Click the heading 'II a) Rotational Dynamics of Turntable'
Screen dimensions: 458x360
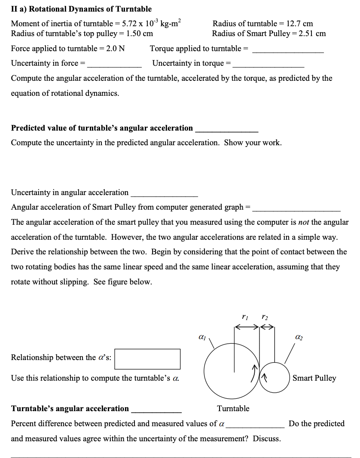(81, 9)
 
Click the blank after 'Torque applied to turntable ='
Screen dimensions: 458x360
(288, 49)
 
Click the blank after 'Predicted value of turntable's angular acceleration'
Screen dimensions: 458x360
(226, 128)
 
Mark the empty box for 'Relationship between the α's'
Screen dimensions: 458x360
(147, 359)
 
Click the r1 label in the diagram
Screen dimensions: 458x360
(245, 318)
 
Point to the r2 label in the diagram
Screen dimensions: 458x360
(264, 318)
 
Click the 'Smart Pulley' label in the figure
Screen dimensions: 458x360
(314, 378)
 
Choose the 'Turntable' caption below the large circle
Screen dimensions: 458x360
(233, 408)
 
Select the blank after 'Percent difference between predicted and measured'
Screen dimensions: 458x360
(255, 424)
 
